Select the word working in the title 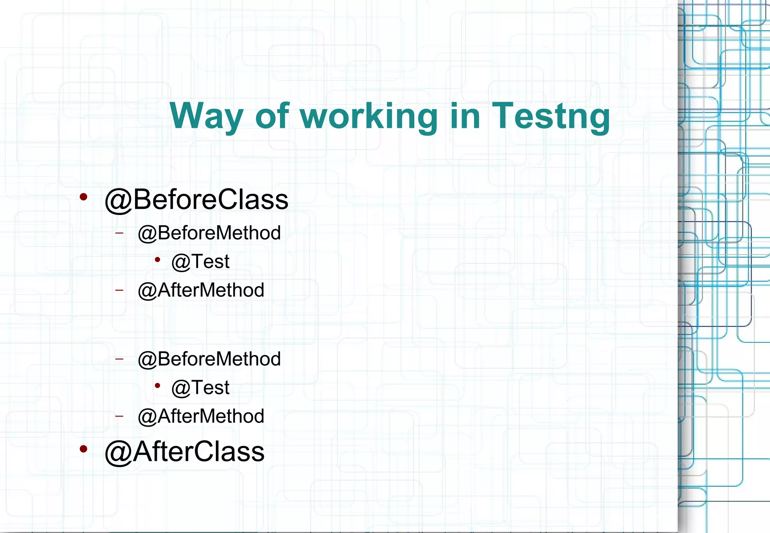(369, 116)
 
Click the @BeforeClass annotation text (196, 199)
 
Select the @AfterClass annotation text (184, 451)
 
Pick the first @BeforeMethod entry (209, 233)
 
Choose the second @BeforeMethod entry (209, 359)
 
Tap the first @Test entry (200, 261)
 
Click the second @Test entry (200, 388)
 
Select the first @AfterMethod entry (201, 290)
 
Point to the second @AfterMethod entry (201, 416)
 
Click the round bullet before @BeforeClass (83, 196)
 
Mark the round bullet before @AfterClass (83, 448)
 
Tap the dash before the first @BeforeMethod (120, 233)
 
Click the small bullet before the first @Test (158, 259)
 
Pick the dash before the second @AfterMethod (120, 416)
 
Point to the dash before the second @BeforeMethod (120, 359)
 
